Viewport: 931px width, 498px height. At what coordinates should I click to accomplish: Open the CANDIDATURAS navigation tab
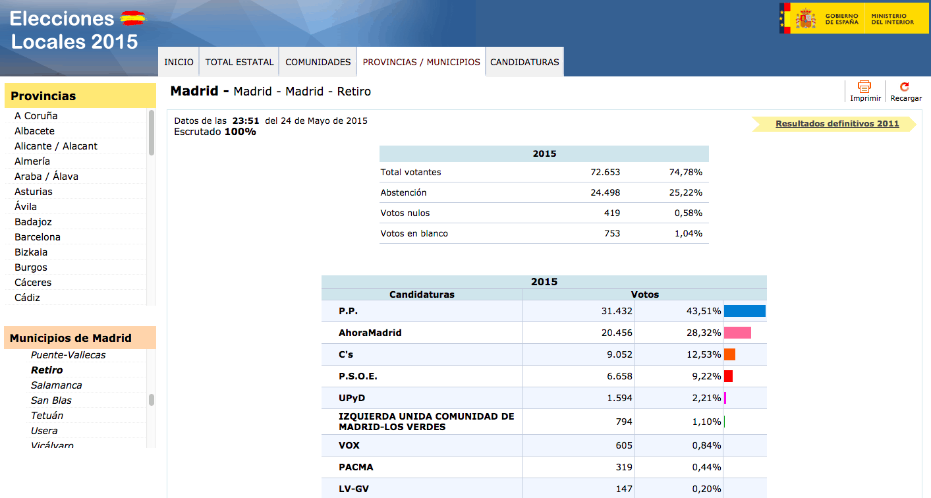[x=524, y=62]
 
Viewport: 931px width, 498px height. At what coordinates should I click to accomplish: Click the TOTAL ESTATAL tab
[x=239, y=62]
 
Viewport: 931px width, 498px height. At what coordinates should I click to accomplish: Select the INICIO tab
[x=179, y=62]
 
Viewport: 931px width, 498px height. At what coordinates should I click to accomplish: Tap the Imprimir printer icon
[x=864, y=86]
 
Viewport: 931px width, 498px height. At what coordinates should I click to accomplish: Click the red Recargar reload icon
[x=905, y=86]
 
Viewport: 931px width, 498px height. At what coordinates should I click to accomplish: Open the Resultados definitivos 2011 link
[x=837, y=123]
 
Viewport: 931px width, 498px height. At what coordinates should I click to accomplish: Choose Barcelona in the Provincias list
[x=38, y=237]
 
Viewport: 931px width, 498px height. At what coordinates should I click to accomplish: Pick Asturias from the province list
[x=33, y=192]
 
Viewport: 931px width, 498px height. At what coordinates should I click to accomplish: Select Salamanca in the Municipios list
[x=56, y=385]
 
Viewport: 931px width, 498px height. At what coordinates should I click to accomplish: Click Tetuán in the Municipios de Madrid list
[x=47, y=416]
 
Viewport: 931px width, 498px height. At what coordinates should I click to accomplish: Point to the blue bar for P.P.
[x=745, y=311]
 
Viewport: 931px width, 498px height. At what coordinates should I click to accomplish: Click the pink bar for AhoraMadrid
[x=737, y=333]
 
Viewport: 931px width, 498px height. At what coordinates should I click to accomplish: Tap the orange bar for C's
[x=729, y=354]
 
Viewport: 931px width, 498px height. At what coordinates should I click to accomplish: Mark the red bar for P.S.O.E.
[x=728, y=376]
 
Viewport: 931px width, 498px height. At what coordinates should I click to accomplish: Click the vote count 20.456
[x=616, y=333]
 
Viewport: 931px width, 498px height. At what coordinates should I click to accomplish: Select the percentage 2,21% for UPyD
[x=706, y=398]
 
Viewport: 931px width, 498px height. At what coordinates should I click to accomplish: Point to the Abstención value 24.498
[x=605, y=192]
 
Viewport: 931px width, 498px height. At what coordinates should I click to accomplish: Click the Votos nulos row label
[x=405, y=213]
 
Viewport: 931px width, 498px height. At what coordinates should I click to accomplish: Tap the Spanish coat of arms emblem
[x=806, y=18]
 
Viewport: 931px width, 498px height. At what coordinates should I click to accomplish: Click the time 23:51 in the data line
[x=246, y=121]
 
